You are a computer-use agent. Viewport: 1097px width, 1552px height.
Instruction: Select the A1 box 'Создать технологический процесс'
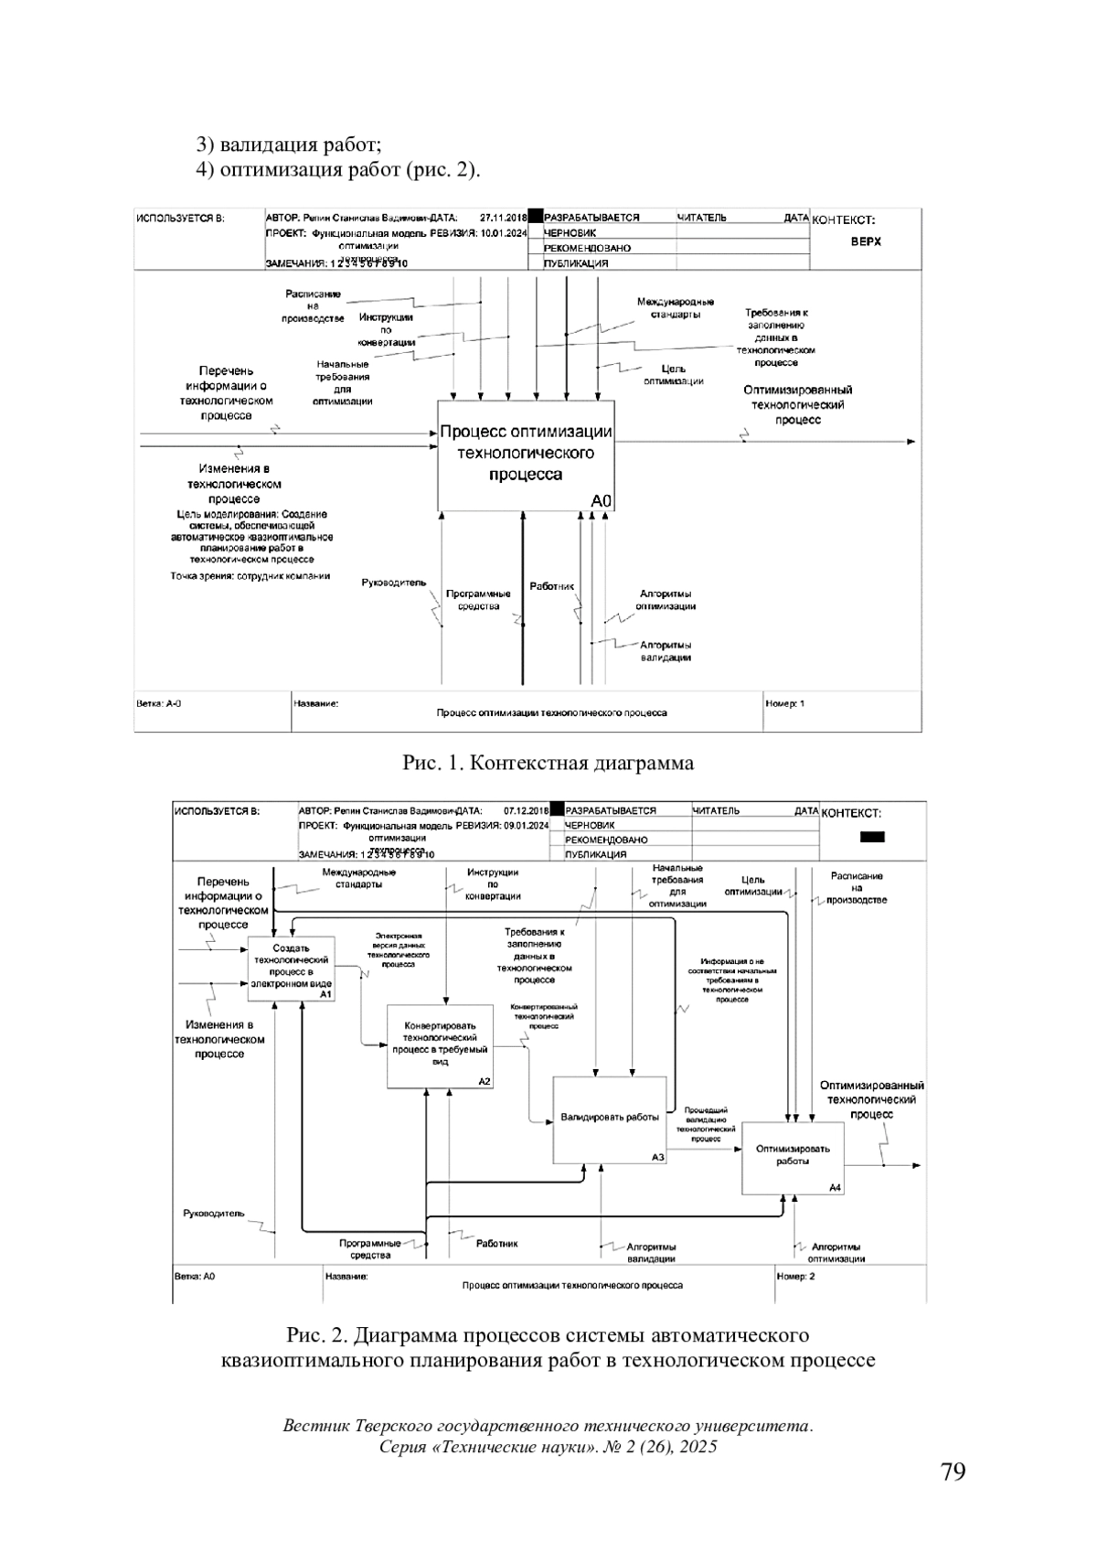click(292, 969)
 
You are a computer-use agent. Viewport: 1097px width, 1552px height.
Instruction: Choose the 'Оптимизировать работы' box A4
click(792, 1156)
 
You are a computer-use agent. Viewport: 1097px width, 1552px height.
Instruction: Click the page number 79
click(953, 1472)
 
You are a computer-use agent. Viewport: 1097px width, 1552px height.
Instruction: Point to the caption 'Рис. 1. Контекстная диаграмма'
click(548, 763)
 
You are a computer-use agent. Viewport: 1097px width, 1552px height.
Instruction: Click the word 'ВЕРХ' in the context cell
click(866, 242)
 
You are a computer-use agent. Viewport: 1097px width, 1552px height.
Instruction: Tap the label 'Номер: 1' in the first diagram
click(785, 704)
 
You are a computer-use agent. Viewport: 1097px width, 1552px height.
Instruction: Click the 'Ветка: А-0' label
click(159, 704)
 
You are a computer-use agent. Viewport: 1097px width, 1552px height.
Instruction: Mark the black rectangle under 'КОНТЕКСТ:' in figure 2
click(872, 836)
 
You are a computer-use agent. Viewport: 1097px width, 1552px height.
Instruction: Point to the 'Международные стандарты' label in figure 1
click(676, 308)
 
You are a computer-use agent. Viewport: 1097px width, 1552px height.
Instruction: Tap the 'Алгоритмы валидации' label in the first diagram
click(666, 651)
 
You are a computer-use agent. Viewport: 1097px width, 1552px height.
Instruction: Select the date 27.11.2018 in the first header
click(503, 218)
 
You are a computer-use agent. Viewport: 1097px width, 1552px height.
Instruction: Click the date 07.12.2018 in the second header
click(526, 810)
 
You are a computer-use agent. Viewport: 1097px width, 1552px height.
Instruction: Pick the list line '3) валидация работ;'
click(288, 144)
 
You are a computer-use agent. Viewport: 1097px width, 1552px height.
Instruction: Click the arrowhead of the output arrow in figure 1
click(911, 442)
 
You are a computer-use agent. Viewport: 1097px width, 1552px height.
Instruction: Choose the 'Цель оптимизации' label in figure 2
click(753, 885)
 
